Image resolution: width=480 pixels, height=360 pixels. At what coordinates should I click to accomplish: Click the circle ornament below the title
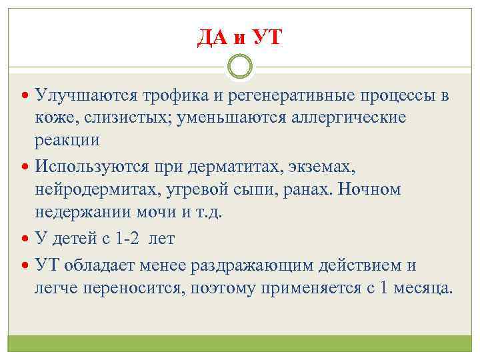[x=240, y=66]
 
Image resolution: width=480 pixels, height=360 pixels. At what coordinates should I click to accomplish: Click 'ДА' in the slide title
[x=213, y=37]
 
